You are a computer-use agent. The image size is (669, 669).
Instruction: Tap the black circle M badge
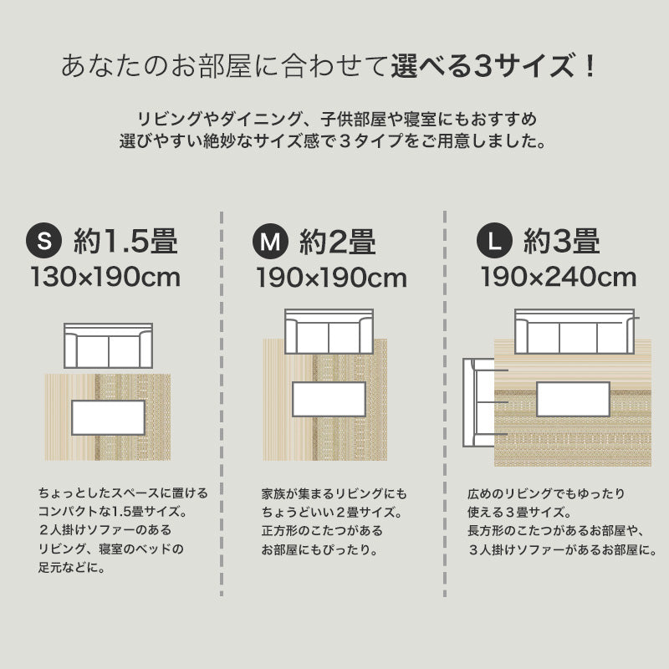(269, 242)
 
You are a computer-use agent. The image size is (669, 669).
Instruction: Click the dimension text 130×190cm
(105, 277)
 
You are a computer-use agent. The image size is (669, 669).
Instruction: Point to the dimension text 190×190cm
(331, 277)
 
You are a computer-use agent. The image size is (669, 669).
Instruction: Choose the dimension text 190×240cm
(558, 277)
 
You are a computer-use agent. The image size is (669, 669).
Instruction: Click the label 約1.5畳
(125, 242)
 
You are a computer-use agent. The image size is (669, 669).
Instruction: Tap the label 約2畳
(337, 242)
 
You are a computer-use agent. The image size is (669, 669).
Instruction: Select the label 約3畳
(562, 242)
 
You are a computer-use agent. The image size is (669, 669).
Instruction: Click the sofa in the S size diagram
(109, 345)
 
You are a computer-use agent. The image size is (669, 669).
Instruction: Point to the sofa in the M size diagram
(329, 333)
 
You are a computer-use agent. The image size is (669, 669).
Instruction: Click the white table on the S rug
(109, 417)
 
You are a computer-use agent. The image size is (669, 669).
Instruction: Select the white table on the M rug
(329, 399)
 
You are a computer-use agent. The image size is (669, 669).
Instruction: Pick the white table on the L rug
(573, 399)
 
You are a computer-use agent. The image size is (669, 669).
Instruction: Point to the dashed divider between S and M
(221, 401)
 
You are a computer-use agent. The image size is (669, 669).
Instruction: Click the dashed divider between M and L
(443, 401)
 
